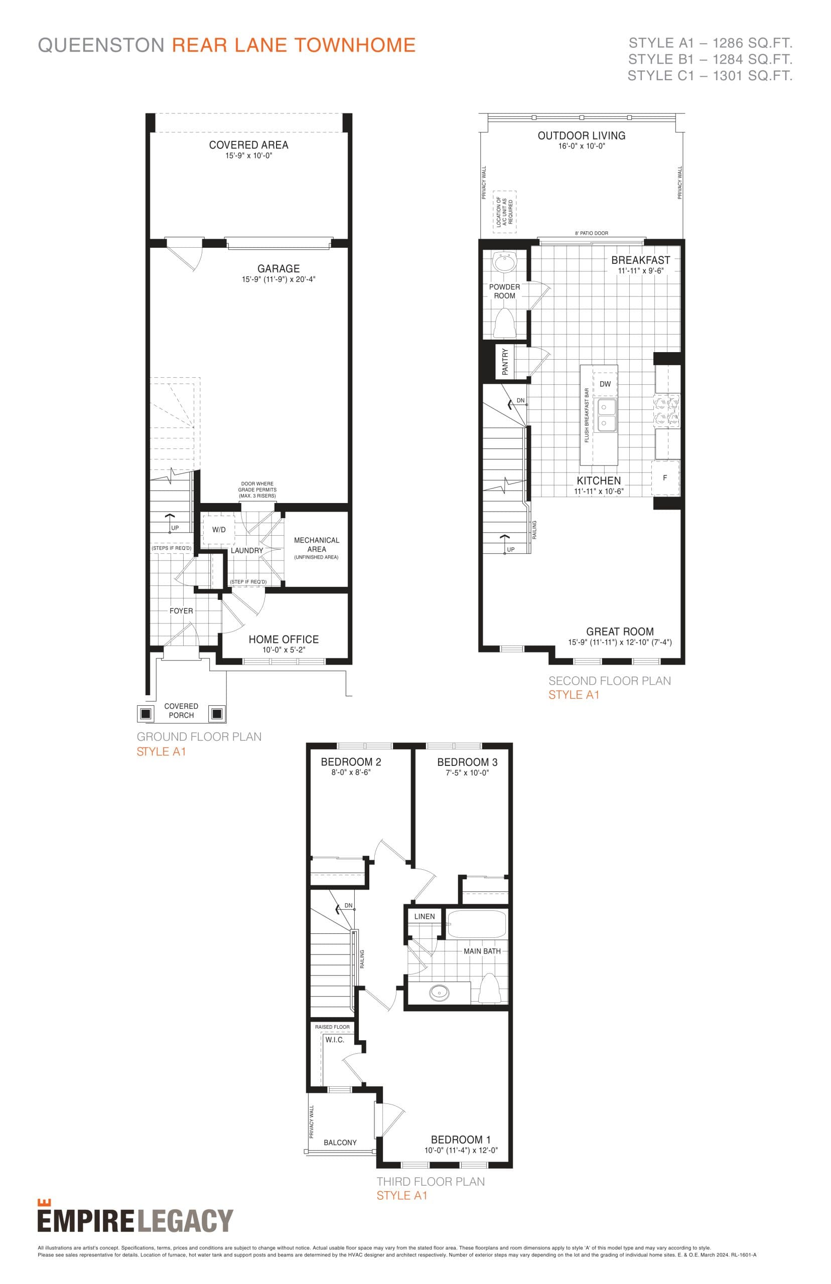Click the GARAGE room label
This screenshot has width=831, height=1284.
tap(279, 268)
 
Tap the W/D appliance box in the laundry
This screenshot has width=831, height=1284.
tap(219, 530)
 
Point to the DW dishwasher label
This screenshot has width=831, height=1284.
tap(605, 384)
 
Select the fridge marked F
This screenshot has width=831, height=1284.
tap(665, 478)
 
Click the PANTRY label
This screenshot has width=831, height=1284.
tap(505, 361)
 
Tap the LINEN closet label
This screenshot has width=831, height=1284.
tap(424, 916)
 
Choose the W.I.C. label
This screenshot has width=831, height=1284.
tap(335, 1040)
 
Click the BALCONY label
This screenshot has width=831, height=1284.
tap(340, 1142)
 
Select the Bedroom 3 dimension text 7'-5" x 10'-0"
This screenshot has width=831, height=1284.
tap(467, 773)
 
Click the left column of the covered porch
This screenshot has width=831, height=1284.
tap(145, 713)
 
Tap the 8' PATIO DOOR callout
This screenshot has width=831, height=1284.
tap(592, 234)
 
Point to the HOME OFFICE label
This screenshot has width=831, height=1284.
tap(284, 639)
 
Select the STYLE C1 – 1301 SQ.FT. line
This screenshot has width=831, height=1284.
tap(710, 76)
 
